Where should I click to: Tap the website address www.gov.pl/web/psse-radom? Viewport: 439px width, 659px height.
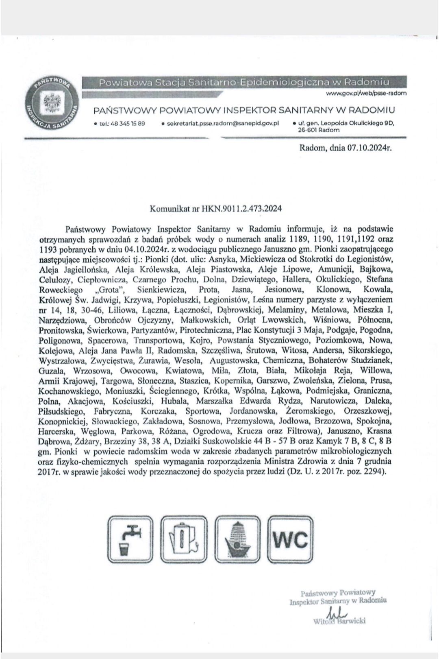(366, 93)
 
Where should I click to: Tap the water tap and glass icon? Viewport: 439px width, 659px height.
(130, 539)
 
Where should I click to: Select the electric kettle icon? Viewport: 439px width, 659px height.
(184, 539)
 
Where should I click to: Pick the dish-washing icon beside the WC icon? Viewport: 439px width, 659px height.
(238, 539)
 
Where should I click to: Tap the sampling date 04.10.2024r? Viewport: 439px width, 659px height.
(155, 248)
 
